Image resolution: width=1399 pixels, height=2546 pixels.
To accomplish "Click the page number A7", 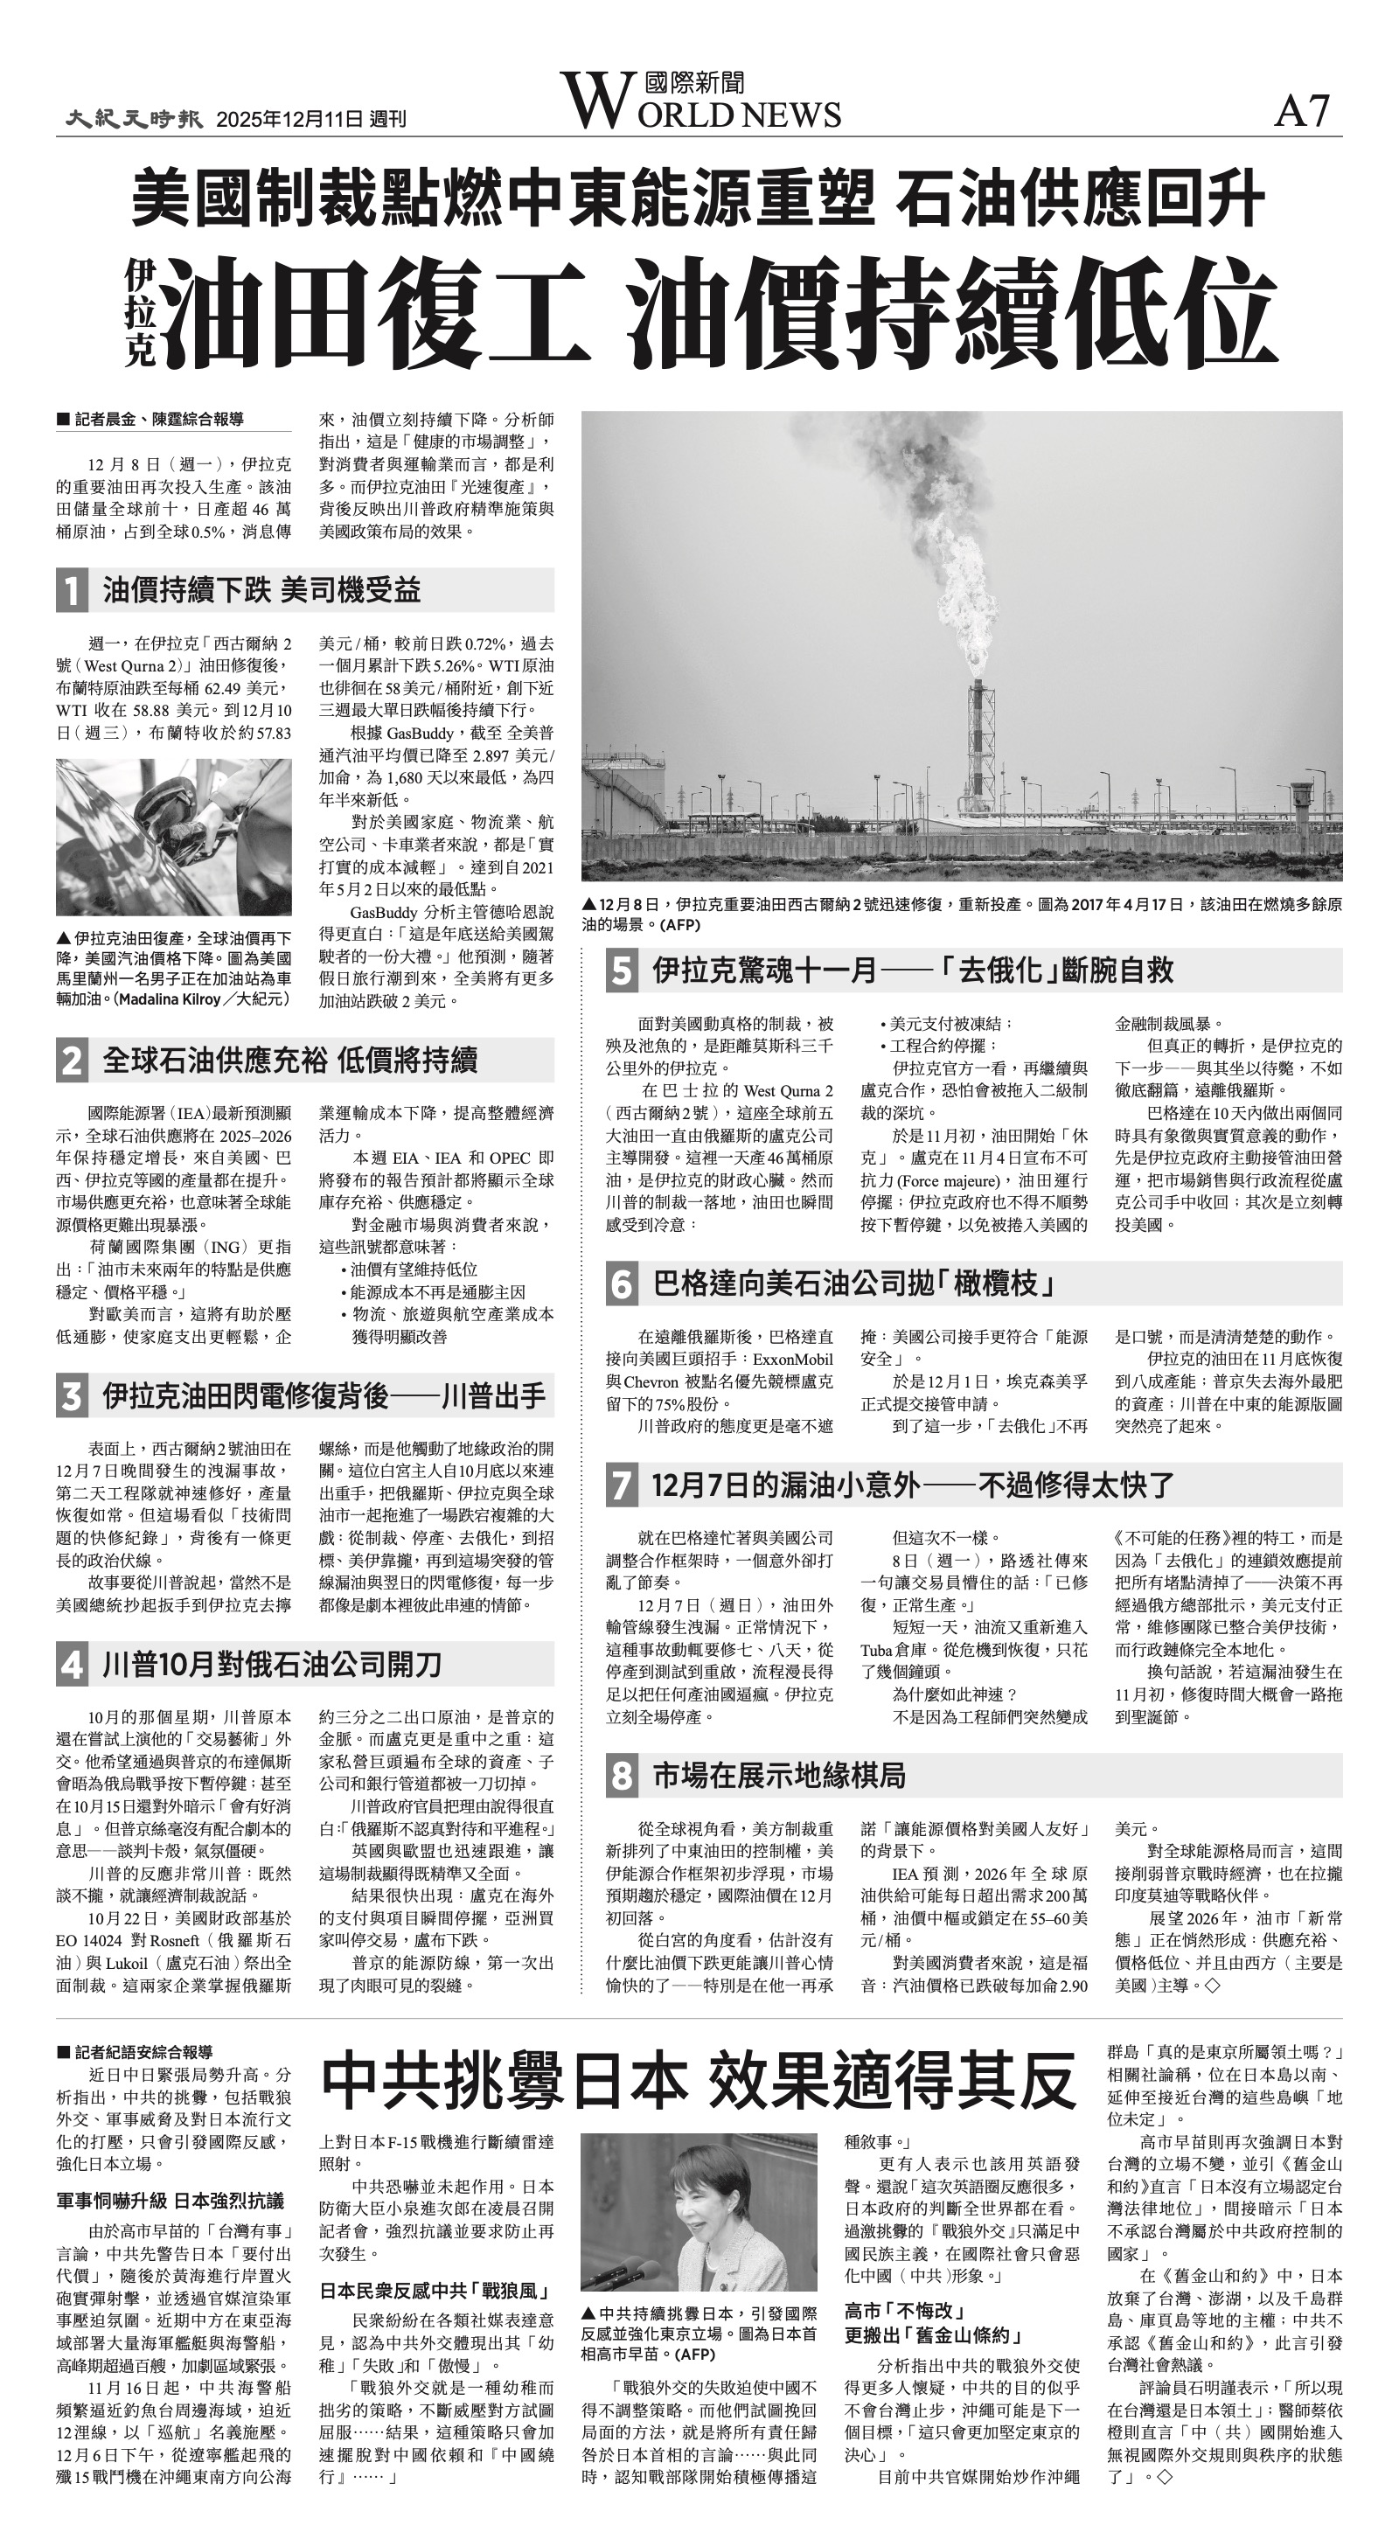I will (1302, 111).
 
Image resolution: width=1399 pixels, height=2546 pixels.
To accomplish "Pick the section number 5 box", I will (621, 970).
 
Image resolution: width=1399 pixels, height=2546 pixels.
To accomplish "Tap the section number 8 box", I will (621, 1776).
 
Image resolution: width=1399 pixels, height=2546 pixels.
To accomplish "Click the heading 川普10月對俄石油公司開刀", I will (272, 1666).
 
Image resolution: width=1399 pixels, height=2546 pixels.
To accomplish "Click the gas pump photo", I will (173, 836).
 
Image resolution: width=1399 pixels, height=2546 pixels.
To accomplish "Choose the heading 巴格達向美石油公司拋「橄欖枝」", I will (855, 1283).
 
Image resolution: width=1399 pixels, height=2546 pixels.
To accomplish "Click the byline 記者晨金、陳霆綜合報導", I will (158, 420).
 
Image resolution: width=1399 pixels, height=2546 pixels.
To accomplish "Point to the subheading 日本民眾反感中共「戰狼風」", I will (436, 2290).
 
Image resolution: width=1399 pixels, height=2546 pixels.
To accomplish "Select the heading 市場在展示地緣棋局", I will (779, 1776).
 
